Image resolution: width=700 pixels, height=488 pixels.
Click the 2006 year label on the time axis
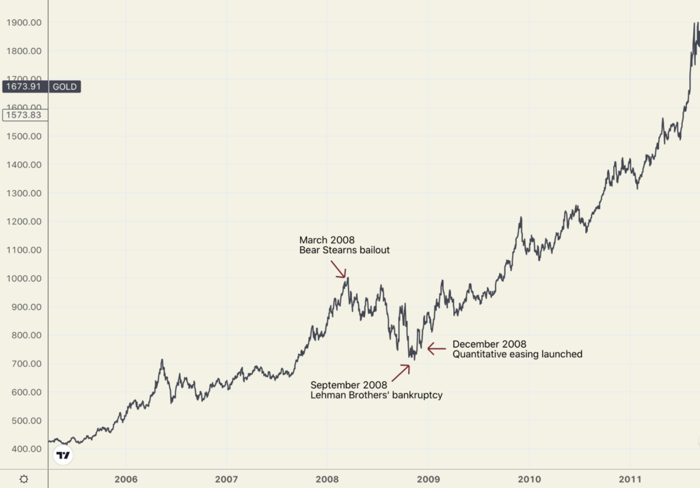127,478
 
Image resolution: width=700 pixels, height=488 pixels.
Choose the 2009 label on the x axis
428,478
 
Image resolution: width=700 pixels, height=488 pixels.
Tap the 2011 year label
630,478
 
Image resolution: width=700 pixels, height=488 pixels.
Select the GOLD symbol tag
65,87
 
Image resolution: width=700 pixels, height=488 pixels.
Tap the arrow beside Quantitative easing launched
436,348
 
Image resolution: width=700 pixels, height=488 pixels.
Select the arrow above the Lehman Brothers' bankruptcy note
401,372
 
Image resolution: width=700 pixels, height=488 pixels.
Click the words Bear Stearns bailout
344,251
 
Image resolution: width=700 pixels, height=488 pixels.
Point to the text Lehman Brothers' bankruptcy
376,395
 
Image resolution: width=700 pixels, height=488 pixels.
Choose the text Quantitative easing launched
517,354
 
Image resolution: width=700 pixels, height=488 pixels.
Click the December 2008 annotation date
489,344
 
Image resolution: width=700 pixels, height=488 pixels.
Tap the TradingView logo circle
63,455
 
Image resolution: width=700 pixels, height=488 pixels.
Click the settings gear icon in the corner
24,478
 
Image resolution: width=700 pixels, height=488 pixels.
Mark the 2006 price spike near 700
162,360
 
